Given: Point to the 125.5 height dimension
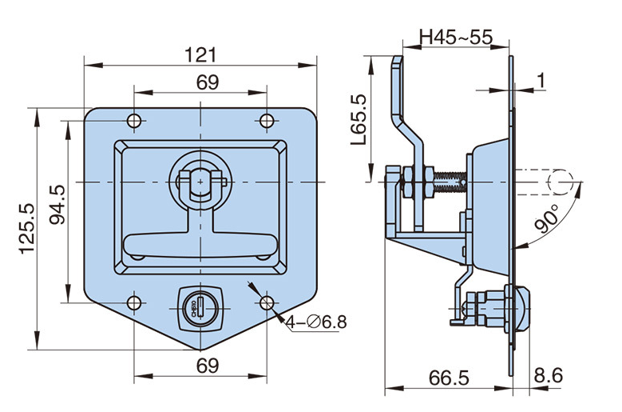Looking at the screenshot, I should click(x=26, y=228).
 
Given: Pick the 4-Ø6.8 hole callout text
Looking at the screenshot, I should click(x=317, y=323).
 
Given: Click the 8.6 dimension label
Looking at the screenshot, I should click(x=548, y=376).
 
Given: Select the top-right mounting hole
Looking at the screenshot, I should click(x=266, y=121).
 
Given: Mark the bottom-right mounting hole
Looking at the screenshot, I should click(x=266, y=304).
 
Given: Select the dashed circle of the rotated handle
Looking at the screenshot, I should click(x=561, y=180).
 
